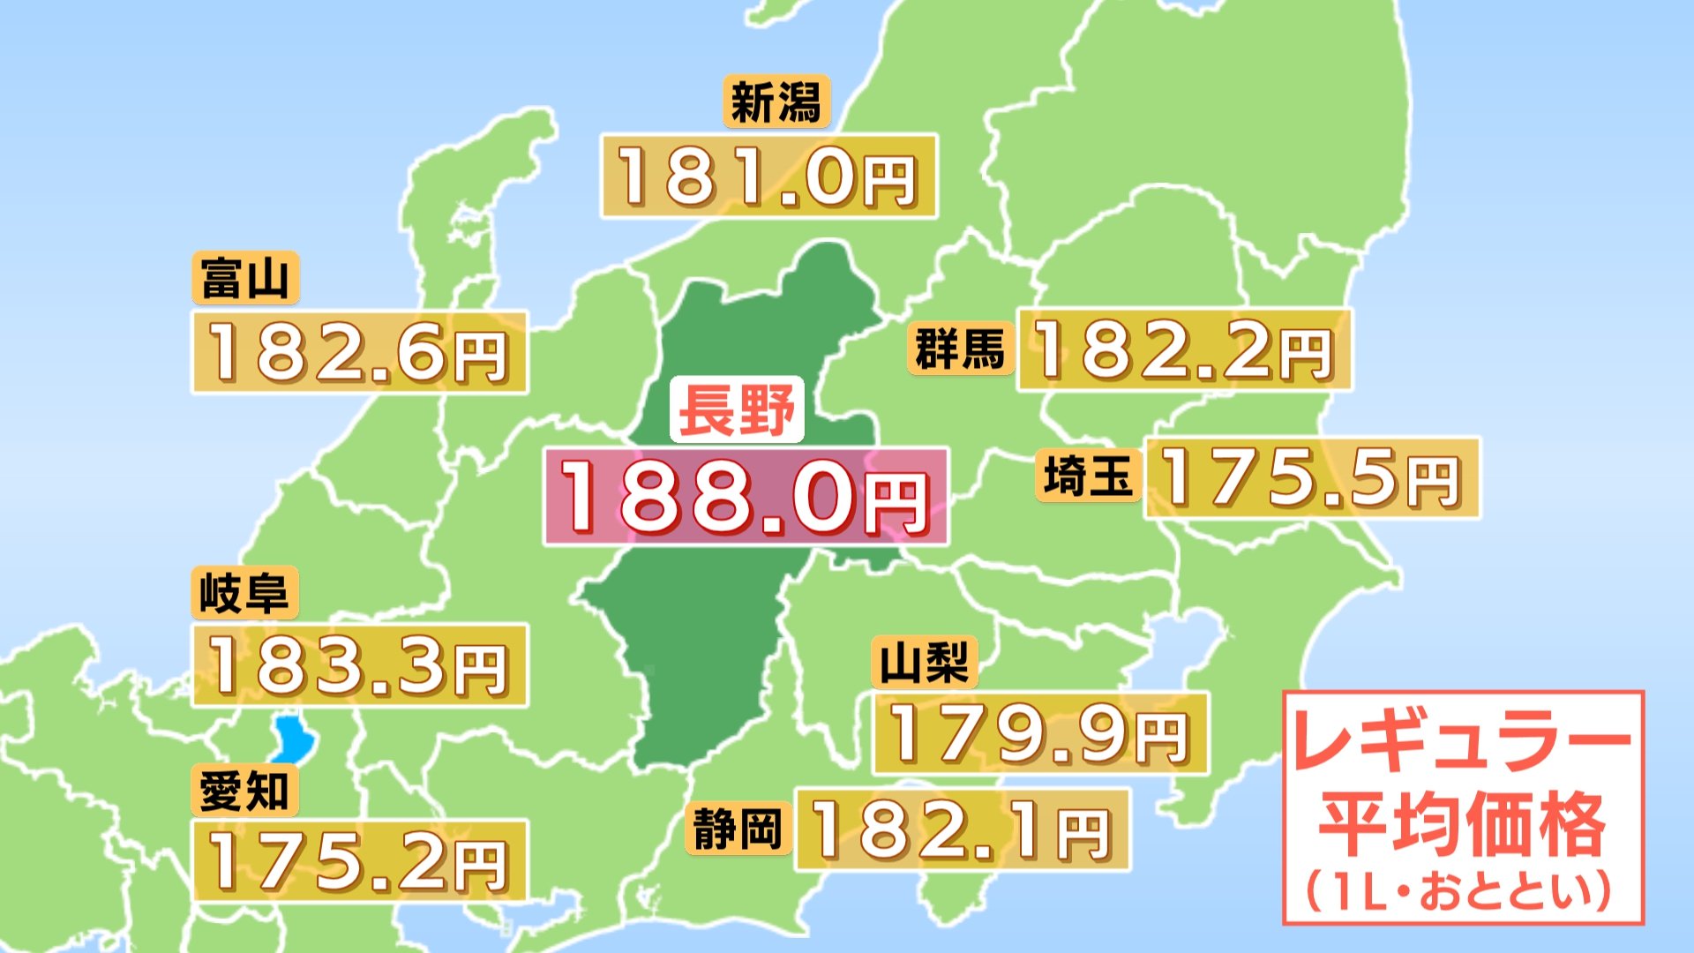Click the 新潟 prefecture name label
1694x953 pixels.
[x=776, y=102]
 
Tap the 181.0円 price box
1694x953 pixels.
[x=768, y=176]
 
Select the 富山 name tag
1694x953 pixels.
[x=245, y=278]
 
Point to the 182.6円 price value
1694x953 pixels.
[x=359, y=352]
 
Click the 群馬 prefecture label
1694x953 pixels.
[x=960, y=349]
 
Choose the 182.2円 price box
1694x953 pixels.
[x=1183, y=349]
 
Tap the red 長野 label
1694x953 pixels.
[x=737, y=410]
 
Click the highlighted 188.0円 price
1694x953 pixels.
[x=746, y=497]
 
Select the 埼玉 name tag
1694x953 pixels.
[x=1088, y=476]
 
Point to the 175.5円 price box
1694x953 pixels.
[x=1311, y=477]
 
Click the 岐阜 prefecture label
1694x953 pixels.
[x=244, y=593]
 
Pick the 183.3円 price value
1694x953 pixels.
[x=359, y=665]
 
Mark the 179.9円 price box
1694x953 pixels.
[x=1039, y=733]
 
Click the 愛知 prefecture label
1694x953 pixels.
[x=244, y=790]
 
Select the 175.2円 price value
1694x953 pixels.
[x=359, y=861]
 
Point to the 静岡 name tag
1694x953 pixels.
[x=738, y=829]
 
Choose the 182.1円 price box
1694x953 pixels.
[x=962, y=829]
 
